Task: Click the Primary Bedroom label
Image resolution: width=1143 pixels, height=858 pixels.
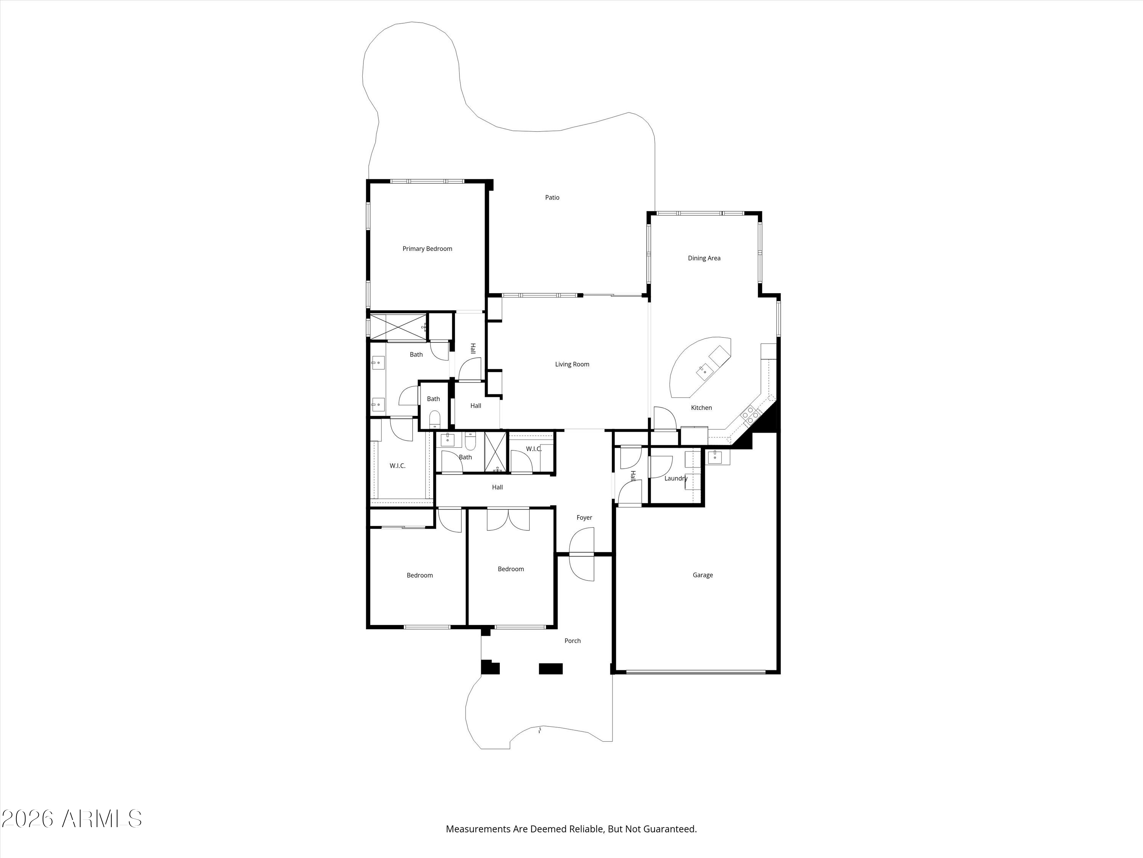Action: (427, 249)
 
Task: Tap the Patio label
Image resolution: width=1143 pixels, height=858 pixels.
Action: (552, 198)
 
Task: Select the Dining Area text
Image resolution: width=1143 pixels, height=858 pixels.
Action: (704, 258)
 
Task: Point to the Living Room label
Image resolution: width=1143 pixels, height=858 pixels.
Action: (572, 364)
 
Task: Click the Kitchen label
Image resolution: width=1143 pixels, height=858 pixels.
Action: (701, 408)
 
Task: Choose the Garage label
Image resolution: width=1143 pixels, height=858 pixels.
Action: (703, 575)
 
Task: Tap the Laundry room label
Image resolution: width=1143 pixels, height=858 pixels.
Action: (676, 479)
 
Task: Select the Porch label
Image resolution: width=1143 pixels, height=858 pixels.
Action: (573, 640)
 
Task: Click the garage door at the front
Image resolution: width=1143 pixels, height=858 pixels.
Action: (695, 672)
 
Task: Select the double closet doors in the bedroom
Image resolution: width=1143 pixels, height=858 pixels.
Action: (508, 520)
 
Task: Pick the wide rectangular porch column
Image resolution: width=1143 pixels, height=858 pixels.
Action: (550, 669)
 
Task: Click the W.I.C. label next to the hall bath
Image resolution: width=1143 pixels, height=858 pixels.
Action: (534, 449)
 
